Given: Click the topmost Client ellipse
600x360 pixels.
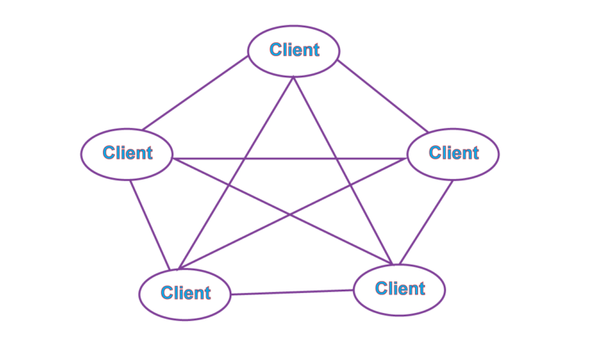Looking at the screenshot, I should pyautogui.click(x=294, y=51).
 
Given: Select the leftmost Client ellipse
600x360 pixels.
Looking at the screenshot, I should pyautogui.click(x=127, y=153).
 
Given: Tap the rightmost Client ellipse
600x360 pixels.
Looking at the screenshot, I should pyautogui.click(x=453, y=153).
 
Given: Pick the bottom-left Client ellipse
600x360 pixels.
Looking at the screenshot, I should pyautogui.click(x=185, y=294).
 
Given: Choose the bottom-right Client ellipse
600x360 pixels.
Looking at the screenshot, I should pyautogui.click(x=399, y=289).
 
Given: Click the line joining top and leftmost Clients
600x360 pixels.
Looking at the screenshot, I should pyautogui.click(x=195, y=94).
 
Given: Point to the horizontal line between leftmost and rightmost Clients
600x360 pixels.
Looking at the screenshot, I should pyautogui.click(x=289, y=159).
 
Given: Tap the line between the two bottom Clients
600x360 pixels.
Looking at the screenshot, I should pyautogui.click(x=293, y=292).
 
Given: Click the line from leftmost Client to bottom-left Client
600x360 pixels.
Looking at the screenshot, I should pyautogui.click(x=148, y=225).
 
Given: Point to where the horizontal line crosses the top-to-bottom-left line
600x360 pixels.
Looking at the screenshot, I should pyautogui.click(x=245, y=159).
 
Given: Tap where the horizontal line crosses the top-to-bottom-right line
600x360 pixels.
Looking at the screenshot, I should pyautogui.click(x=337, y=159).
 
